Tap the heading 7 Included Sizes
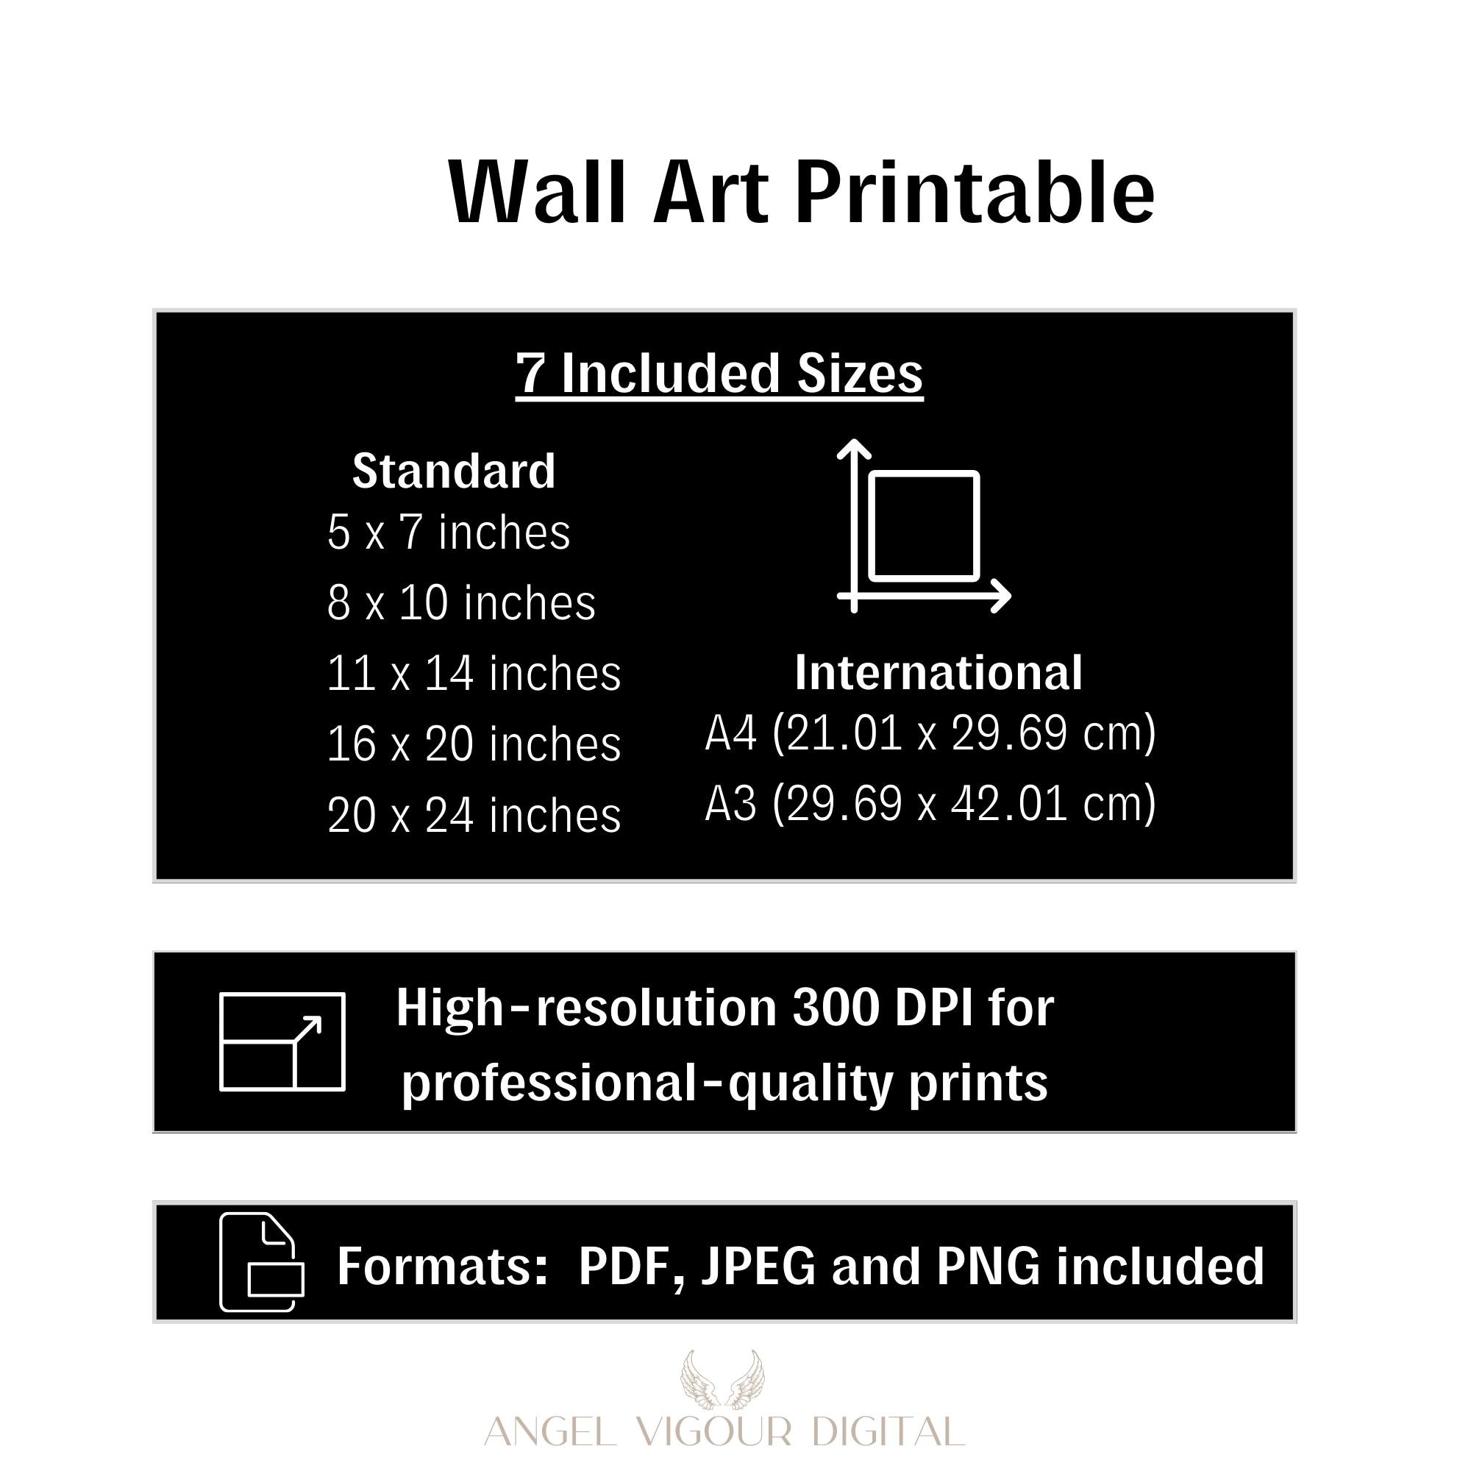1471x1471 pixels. pos(719,374)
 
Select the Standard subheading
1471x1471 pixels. pos(454,471)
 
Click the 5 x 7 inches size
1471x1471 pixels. pos(449,533)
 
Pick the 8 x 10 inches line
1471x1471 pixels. pos(461,603)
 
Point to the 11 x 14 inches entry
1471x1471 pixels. pos(474,674)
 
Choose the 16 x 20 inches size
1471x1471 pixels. pos(474,744)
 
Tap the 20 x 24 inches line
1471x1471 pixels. pos(474,815)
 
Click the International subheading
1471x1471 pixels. pos(938,673)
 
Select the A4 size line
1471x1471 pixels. pos(930,733)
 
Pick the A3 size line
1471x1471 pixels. pos(930,804)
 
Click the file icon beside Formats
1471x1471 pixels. pos(222,1261)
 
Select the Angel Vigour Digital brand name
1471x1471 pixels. pos(725,1431)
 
